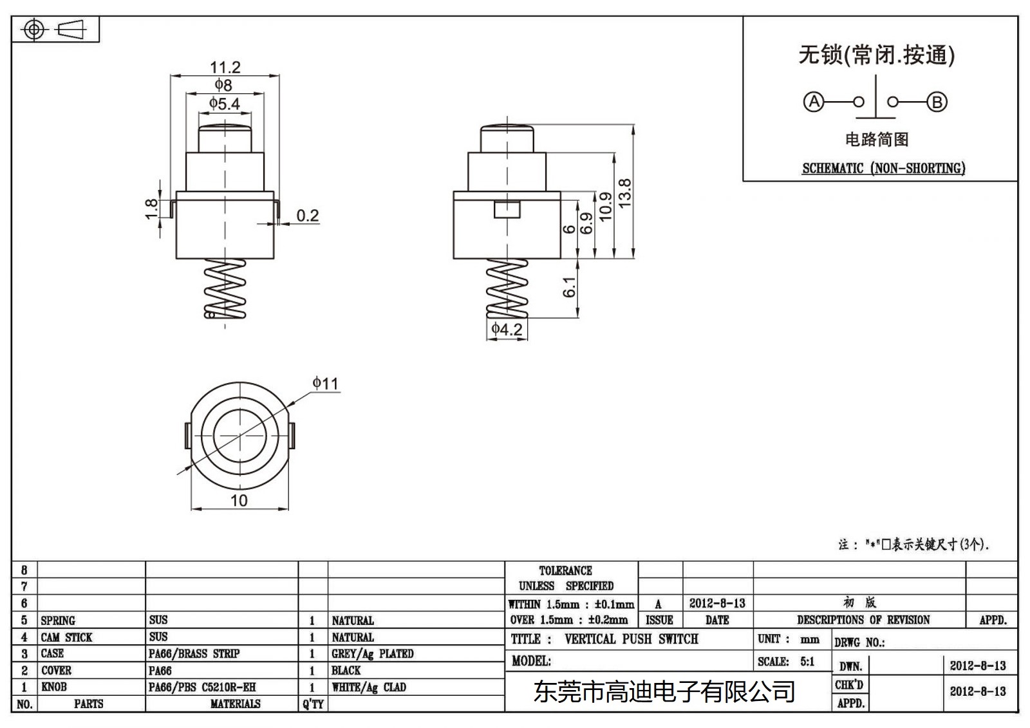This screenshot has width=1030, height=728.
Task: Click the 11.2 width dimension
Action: click(225, 67)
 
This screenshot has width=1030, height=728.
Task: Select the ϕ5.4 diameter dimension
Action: click(224, 104)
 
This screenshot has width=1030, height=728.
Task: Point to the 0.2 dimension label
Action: click(307, 216)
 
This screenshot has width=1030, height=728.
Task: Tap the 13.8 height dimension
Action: click(624, 192)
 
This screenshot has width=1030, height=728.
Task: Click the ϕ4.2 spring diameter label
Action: click(507, 330)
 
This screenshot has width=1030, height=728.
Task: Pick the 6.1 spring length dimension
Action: click(570, 287)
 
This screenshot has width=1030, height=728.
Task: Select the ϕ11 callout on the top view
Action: click(325, 384)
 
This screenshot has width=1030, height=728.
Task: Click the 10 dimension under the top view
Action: click(239, 501)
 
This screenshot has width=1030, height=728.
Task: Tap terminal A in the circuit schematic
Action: click(814, 102)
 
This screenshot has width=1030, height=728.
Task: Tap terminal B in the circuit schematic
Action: click(937, 102)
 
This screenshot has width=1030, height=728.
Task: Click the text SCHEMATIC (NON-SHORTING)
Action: click(883, 169)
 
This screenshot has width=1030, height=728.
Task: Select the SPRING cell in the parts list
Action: click(58, 621)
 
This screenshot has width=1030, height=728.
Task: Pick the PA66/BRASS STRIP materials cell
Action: click(194, 654)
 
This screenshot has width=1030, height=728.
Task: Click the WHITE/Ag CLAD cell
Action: click(369, 687)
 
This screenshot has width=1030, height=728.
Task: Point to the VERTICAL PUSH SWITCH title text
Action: click(631, 639)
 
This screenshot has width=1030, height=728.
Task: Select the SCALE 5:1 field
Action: click(786, 662)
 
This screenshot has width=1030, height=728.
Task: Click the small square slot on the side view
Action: click(507, 209)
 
